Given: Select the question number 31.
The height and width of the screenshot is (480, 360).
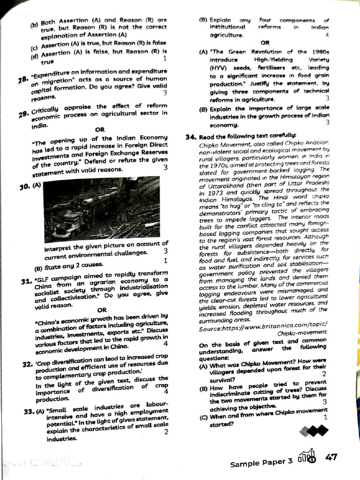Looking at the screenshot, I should point(26,282).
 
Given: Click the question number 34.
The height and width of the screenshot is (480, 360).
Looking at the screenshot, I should point(191,137).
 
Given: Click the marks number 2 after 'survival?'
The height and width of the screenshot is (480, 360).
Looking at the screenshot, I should point(323,374).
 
